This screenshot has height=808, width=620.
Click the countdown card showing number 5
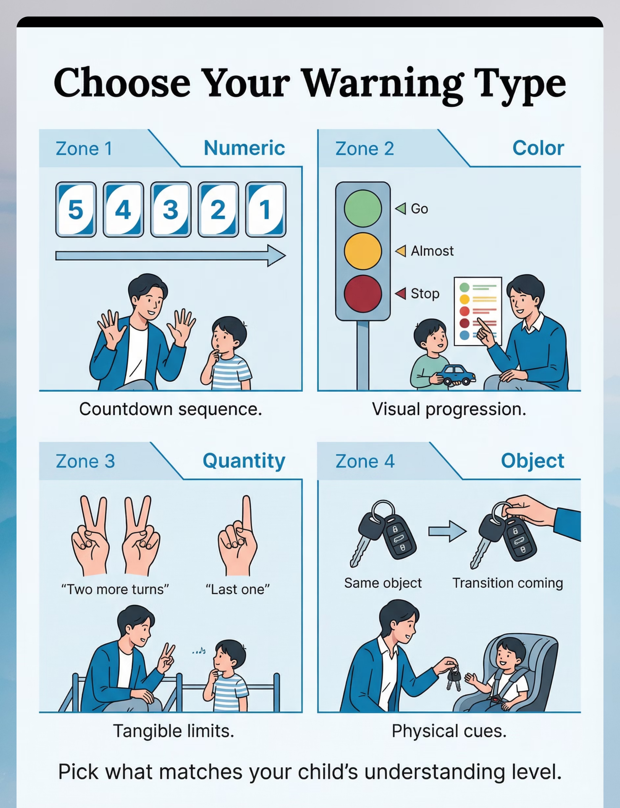[x=76, y=209]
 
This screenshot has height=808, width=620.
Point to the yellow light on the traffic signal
[x=363, y=251]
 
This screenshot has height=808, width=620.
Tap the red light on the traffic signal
[x=363, y=294]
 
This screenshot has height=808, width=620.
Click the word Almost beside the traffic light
[x=432, y=251]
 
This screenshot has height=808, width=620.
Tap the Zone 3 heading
[x=85, y=461]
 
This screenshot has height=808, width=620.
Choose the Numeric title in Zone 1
[x=244, y=148]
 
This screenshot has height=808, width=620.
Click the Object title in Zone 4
[x=533, y=461]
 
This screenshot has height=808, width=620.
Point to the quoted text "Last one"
[x=238, y=589]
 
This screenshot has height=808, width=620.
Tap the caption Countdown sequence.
[x=170, y=409]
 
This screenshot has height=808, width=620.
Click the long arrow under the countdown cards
[x=170, y=255]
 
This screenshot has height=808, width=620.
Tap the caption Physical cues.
[x=449, y=731]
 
